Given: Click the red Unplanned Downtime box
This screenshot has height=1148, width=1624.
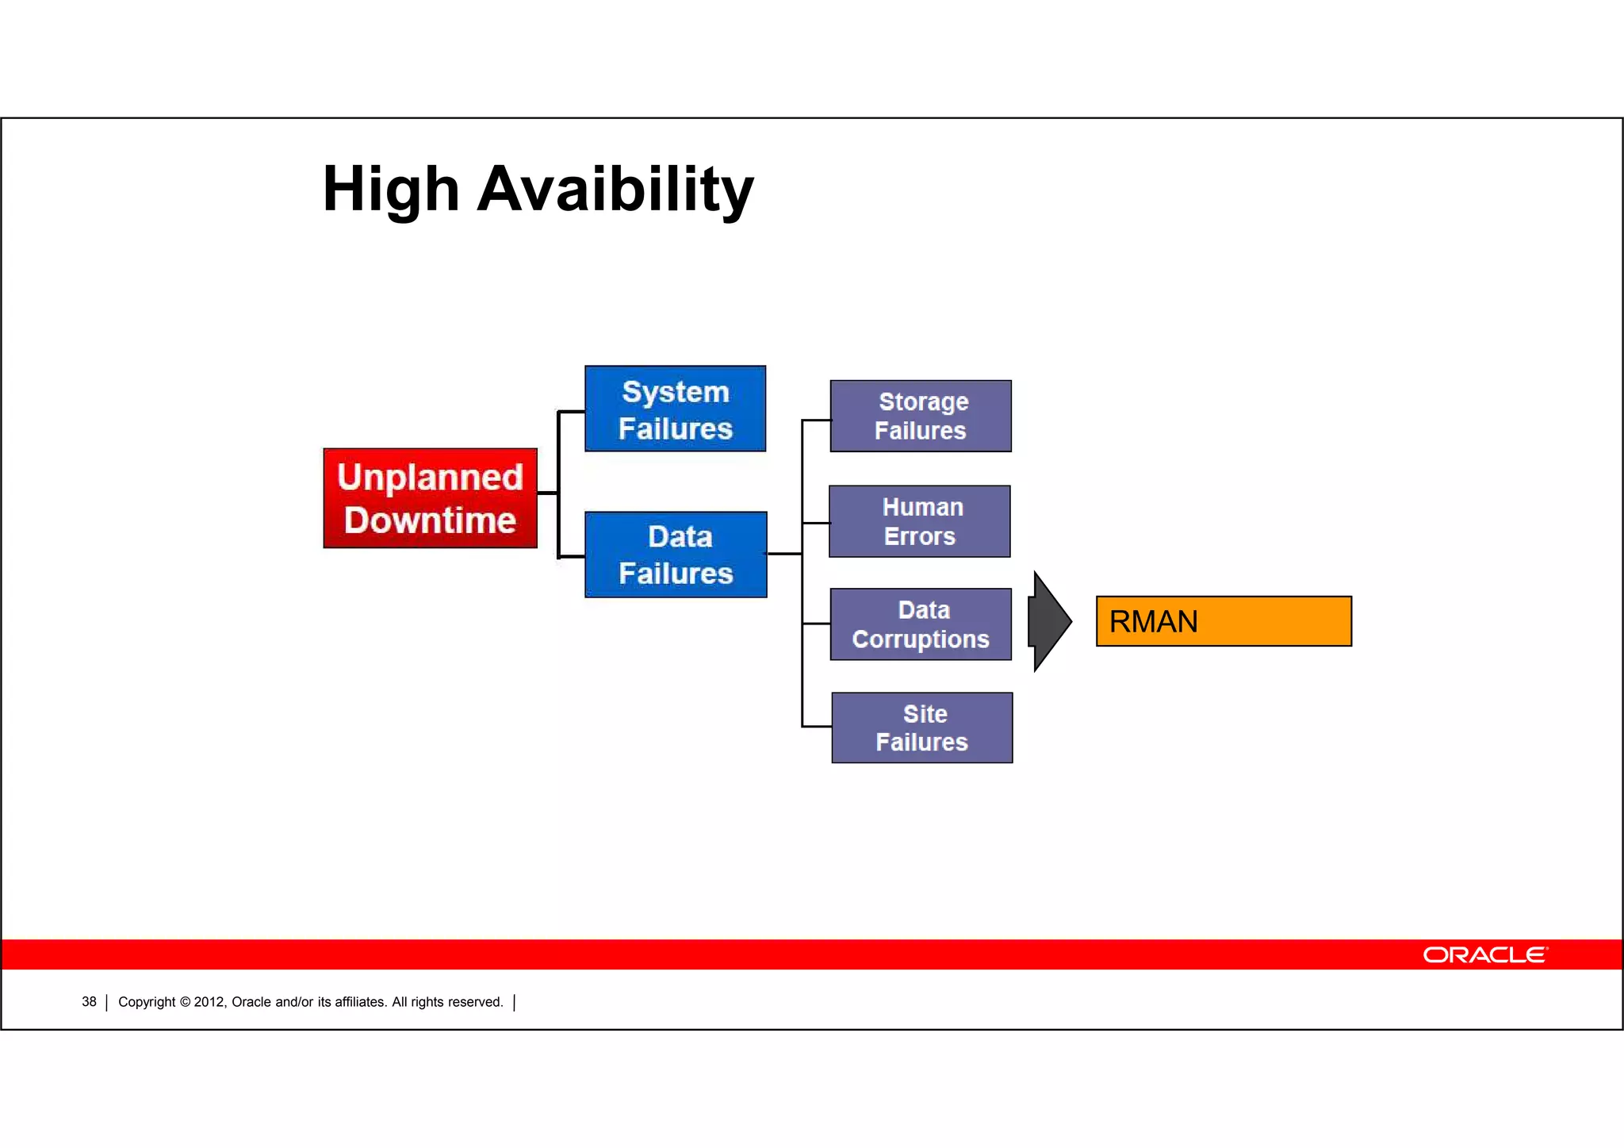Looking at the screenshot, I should pyautogui.click(x=430, y=497).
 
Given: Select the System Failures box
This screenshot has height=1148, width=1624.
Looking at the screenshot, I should pyautogui.click(x=675, y=409).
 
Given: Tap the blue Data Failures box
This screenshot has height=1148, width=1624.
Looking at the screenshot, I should pyautogui.click(x=675, y=555).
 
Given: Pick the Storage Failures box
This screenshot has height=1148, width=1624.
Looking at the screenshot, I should pyautogui.click(x=920, y=416).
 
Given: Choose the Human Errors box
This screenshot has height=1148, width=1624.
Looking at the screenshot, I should pyautogui.click(x=919, y=521).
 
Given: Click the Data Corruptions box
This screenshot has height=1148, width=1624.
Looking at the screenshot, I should pyautogui.click(x=920, y=624).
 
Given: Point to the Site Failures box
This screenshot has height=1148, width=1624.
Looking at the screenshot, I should pyautogui.click(x=921, y=728).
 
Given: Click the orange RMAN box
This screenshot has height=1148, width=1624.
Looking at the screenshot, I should pyautogui.click(x=1223, y=621).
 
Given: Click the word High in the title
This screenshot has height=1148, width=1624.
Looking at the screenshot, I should pyautogui.click(x=391, y=190).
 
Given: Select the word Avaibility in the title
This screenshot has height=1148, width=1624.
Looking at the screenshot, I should pyautogui.click(x=615, y=190).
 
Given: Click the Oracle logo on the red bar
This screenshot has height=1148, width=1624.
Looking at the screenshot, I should pyautogui.click(x=1484, y=954).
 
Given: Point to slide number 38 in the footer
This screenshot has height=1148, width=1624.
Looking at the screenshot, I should pyautogui.click(x=89, y=1002).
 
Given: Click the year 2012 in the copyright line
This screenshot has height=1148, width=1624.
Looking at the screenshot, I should pyautogui.click(x=209, y=1002).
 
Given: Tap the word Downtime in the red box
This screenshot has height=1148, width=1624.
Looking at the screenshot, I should pyautogui.click(x=430, y=520).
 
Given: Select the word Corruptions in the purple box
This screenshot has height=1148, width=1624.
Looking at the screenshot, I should pyautogui.click(x=920, y=639).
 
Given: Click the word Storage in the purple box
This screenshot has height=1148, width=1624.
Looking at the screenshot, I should pyautogui.click(x=923, y=401).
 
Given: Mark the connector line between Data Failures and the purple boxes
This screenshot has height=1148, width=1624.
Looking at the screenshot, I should pyautogui.click(x=784, y=554).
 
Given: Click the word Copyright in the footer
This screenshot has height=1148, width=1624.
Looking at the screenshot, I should pyautogui.click(x=147, y=1002).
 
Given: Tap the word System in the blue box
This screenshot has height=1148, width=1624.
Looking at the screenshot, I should pyautogui.click(x=675, y=392).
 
